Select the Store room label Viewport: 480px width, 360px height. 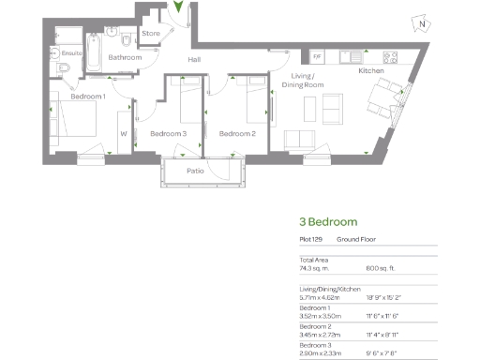pyautogui.click(x=150, y=34)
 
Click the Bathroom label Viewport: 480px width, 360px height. pyautogui.click(x=124, y=58)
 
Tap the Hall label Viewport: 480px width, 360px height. pyautogui.click(x=194, y=60)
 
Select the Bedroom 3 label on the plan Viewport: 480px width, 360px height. pyautogui.click(x=169, y=133)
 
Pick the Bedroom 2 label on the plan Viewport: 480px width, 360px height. pyautogui.click(x=237, y=133)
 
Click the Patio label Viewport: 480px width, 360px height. pyautogui.click(x=196, y=171)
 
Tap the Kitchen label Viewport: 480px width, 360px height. pyautogui.click(x=372, y=70)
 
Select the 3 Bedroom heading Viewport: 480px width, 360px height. pyautogui.click(x=328, y=222)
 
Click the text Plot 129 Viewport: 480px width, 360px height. pyautogui.click(x=310, y=241)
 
